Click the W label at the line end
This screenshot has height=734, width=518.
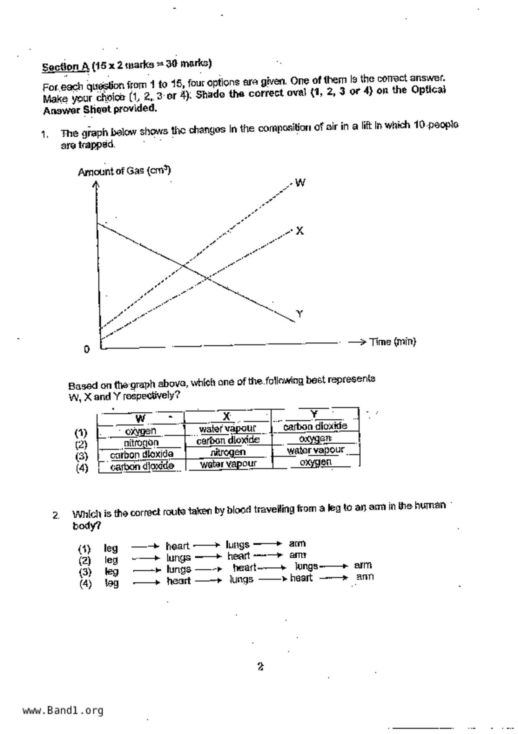300,182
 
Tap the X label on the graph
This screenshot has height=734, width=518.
299,231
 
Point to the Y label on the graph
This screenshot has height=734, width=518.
299,313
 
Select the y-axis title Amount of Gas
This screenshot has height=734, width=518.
124,171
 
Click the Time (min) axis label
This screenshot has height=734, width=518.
392,342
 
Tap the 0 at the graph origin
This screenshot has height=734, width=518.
87,349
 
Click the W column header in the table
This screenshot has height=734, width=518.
140,418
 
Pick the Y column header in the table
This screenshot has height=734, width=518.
314,414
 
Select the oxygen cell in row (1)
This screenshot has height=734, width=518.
140,431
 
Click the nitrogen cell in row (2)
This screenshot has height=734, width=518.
141,442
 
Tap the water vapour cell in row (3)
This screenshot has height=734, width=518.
315,450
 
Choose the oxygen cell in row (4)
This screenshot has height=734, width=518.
315,462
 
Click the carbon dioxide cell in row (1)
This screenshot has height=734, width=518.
315,426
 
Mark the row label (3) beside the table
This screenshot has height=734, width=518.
82,456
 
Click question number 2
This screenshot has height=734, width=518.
56,515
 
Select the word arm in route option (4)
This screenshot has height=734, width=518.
365,577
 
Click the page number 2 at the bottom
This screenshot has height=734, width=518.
260,667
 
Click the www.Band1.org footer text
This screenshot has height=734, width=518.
63,711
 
